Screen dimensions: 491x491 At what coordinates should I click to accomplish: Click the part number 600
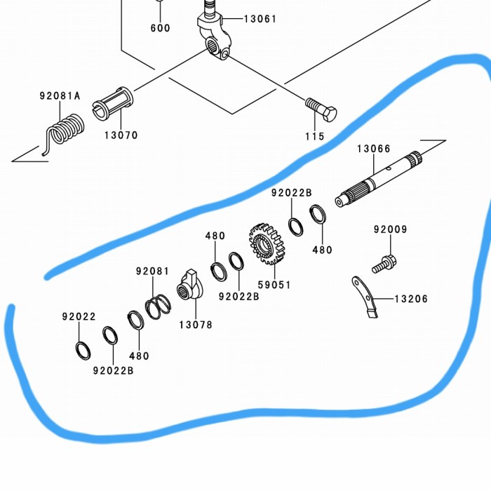click(x=160, y=28)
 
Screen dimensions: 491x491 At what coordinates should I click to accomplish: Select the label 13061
click(x=260, y=19)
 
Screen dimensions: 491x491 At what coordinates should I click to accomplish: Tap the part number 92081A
click(x=60, y=96)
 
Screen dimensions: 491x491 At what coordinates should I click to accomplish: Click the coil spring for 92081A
click(x=65, y=129)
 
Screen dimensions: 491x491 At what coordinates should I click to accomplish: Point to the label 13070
click(x=121, y=135)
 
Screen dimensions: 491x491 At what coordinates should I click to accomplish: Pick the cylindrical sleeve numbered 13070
click(x=112, y=105)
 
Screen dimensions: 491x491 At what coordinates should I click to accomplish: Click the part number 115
click(x=316, y=136)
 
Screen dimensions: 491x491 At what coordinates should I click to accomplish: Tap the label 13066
click(x=374, y=149)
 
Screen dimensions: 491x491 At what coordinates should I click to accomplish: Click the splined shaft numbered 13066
click(x=379, y=178)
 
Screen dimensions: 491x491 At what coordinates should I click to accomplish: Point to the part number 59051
click(x=274, y=285)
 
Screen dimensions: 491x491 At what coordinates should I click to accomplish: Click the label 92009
click(x=390, y=229)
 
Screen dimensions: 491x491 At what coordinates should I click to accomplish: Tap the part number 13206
click(x=411, y=299)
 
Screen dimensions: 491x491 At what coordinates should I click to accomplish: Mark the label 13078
click(x=195, y=325)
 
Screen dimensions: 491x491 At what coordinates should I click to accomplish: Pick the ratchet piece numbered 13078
click(x=190, y=285)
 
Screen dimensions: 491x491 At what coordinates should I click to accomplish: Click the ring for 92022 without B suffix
click(x=82, y=349)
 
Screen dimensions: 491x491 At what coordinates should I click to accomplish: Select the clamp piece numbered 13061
click(x=213, y=35)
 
